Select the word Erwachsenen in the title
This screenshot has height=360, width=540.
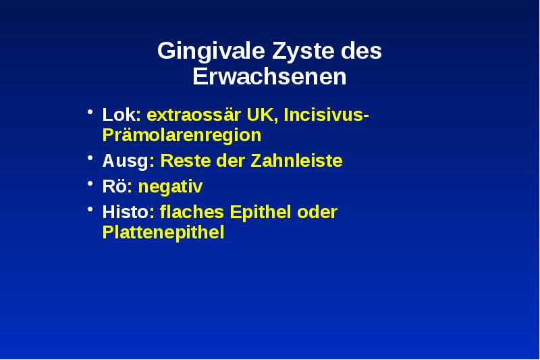(269, 77)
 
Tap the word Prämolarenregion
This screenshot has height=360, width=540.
(182, 135)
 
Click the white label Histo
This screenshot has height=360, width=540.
(126, 212)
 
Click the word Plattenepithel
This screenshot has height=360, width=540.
(163, 233)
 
